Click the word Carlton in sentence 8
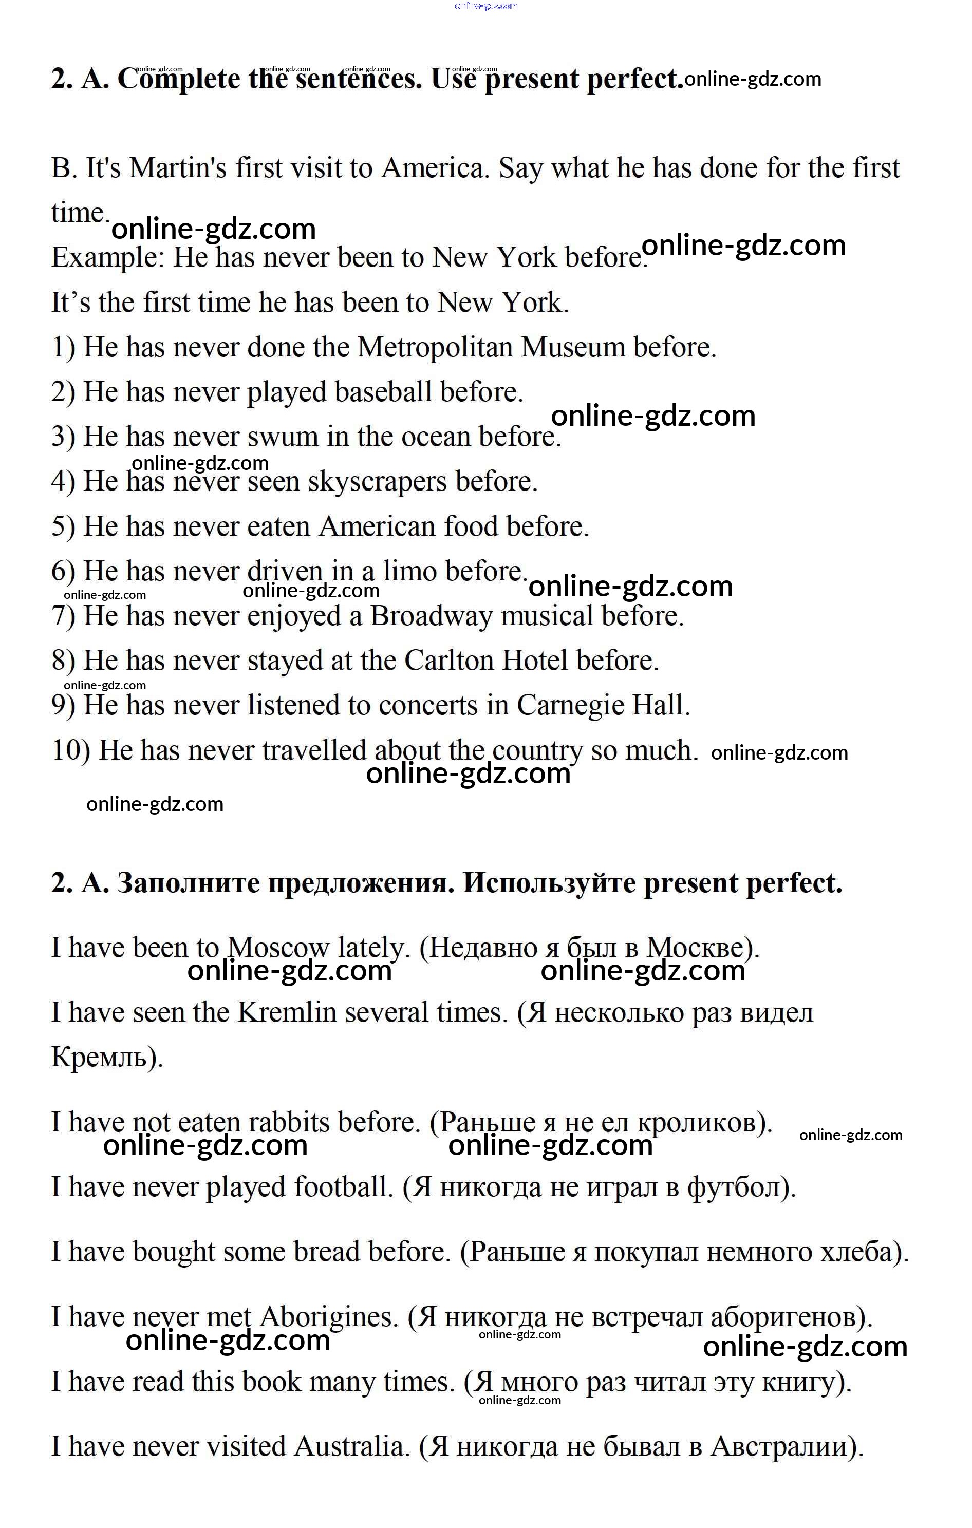[x=449, y=661]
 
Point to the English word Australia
[x=349, y=1446]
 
